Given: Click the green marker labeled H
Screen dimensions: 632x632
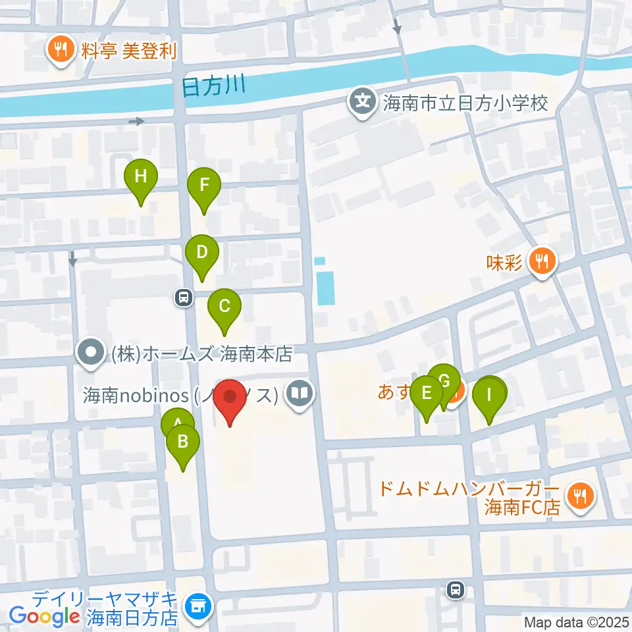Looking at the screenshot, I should (141, 177).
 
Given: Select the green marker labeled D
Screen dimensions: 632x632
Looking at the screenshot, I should (201, 252).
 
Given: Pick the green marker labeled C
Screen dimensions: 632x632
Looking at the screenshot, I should (224, 306).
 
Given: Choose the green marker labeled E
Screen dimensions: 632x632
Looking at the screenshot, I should (427, 394).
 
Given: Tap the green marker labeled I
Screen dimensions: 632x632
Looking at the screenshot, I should (489, 395).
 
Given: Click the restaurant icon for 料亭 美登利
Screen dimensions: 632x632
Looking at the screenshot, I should (61, 49).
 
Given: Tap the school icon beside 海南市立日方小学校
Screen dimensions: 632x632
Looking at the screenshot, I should (361, 102).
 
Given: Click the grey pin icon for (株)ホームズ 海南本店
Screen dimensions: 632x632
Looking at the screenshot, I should (91, 354).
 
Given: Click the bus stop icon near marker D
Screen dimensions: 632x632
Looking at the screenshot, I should (183, 298).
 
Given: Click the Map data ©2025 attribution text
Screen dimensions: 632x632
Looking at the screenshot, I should (577, 622).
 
